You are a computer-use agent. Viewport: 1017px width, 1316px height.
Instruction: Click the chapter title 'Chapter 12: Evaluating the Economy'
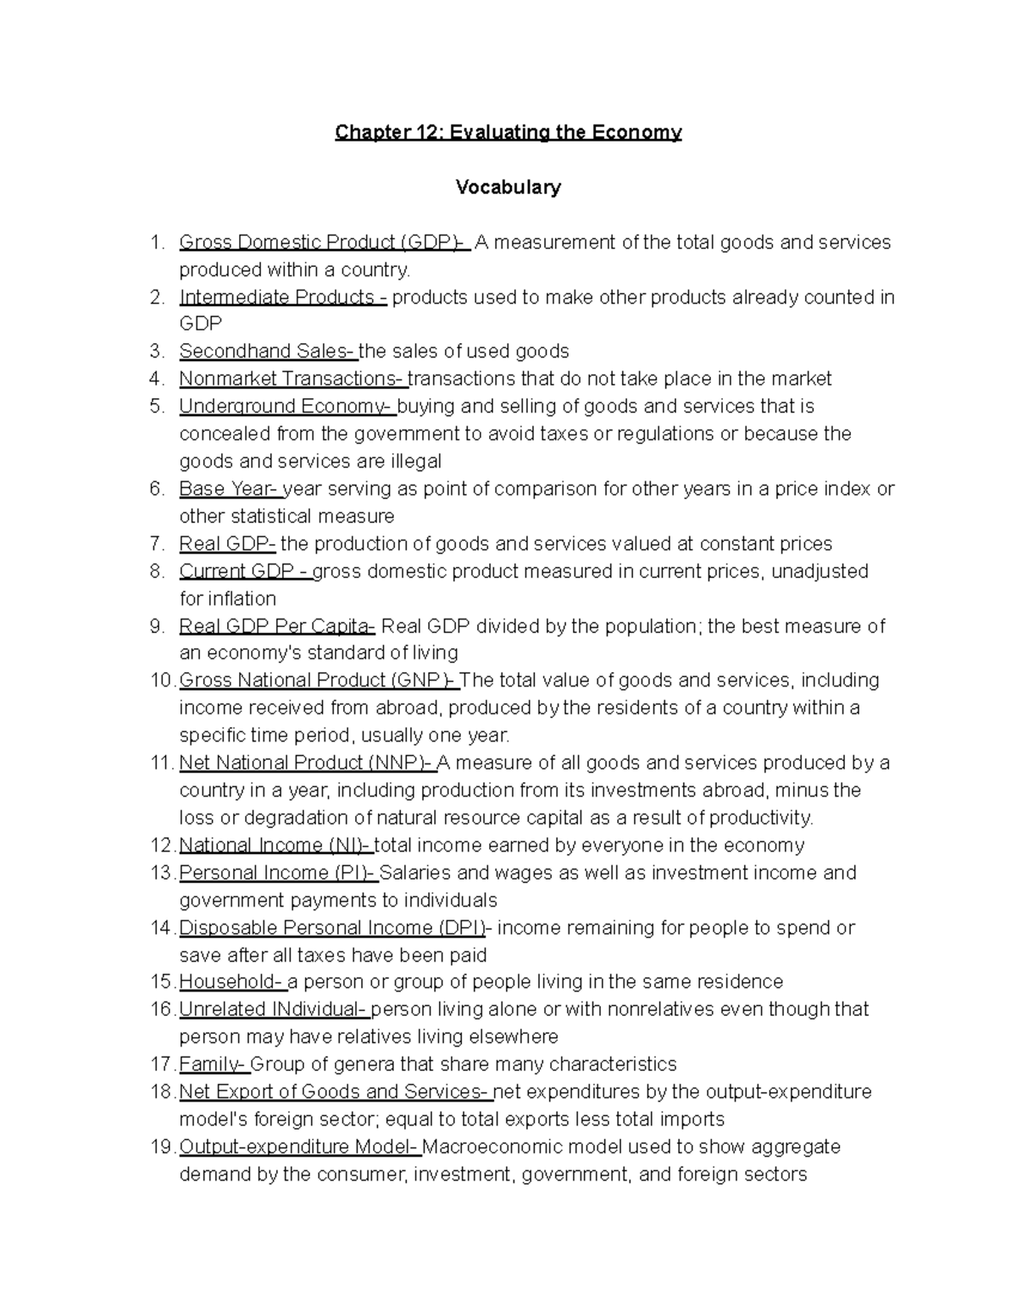point(508,132)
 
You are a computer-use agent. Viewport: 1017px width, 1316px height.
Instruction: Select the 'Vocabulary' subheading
point(508,187)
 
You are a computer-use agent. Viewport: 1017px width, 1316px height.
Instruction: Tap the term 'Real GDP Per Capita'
point(276,626)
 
